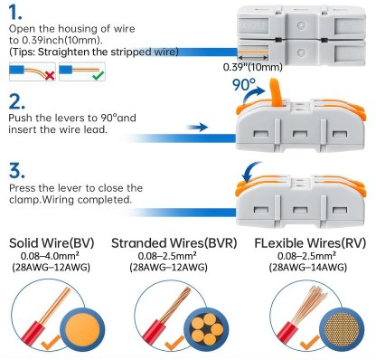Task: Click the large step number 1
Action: [18, 15]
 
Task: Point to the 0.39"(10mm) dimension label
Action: [251, 67]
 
